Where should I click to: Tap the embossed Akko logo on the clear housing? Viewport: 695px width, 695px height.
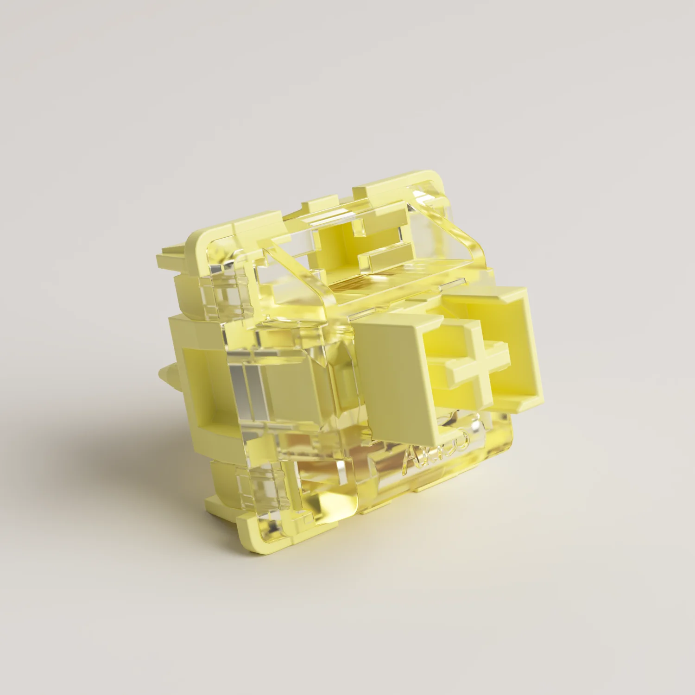438,448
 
